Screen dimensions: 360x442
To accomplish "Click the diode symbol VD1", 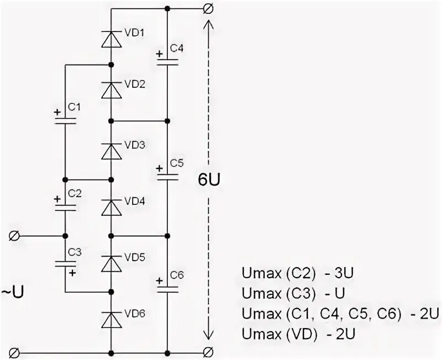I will pos(112,38).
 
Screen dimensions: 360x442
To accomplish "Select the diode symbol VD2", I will pos(112,89).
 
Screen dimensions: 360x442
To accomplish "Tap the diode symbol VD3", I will pos(112,150).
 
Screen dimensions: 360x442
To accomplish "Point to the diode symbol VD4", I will pos(112,207).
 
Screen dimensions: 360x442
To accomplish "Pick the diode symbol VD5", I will pos(112,263).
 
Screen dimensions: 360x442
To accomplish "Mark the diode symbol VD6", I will pos(112,320).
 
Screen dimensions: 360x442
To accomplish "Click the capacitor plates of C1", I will pos(65,121).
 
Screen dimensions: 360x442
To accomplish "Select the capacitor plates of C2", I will pos(65,205).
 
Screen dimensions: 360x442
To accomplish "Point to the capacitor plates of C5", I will pos(167,177).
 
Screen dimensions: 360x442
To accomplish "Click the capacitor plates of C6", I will pos(167,288).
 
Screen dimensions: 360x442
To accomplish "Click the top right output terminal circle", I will pos(208,9).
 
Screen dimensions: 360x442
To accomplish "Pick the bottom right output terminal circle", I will pos(208,352).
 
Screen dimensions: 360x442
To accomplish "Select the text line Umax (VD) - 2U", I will pos(299,334).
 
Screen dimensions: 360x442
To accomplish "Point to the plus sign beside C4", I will pos(159,54).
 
